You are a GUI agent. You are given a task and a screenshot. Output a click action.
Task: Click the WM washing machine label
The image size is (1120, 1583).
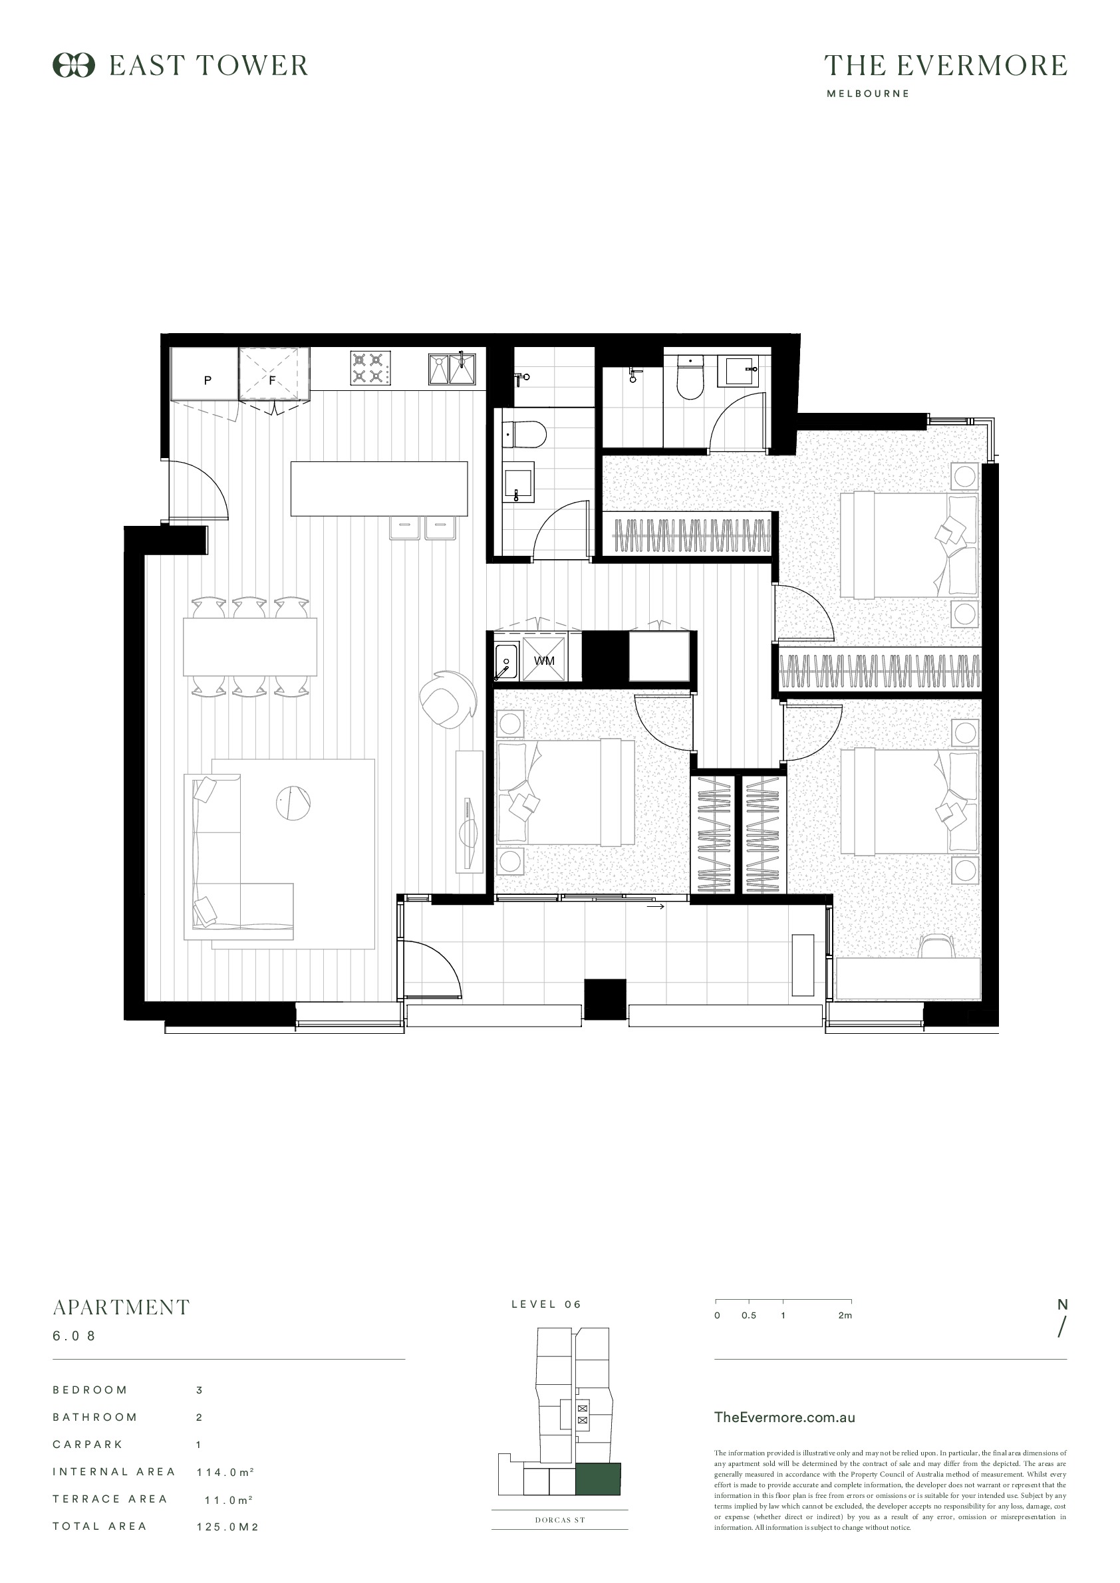coord(544,660)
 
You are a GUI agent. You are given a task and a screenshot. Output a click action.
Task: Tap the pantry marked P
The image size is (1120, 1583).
coord(205,373)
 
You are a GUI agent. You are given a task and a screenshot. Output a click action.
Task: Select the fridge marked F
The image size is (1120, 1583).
coord(274,373)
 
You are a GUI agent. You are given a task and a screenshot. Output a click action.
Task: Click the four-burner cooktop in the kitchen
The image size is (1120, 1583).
coord(368,368)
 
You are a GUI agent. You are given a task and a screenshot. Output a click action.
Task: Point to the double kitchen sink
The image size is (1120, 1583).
coord(452,368)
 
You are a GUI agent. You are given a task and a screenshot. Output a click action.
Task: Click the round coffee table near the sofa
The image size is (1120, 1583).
coord(293,802)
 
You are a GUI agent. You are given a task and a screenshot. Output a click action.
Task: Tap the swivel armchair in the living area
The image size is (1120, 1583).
coord(447,700)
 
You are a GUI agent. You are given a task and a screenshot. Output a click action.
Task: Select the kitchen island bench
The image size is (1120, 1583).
coord(379,489)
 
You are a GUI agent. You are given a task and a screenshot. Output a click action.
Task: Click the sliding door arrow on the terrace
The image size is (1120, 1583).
coord(656,907)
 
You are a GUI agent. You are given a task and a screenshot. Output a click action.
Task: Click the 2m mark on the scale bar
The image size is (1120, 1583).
coord(845,1316)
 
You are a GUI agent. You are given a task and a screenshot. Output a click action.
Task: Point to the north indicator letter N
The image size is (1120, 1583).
coord(1063,1304)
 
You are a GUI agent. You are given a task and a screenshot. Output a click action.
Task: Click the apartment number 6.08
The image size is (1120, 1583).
coord(74,1336)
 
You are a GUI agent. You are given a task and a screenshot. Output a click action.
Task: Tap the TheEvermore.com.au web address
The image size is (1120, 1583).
coord(785,1417)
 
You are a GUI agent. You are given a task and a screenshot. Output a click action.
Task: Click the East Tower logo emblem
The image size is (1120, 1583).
coord(74,66)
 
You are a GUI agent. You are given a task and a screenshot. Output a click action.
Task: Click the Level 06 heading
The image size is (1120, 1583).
coord(546,1304)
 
